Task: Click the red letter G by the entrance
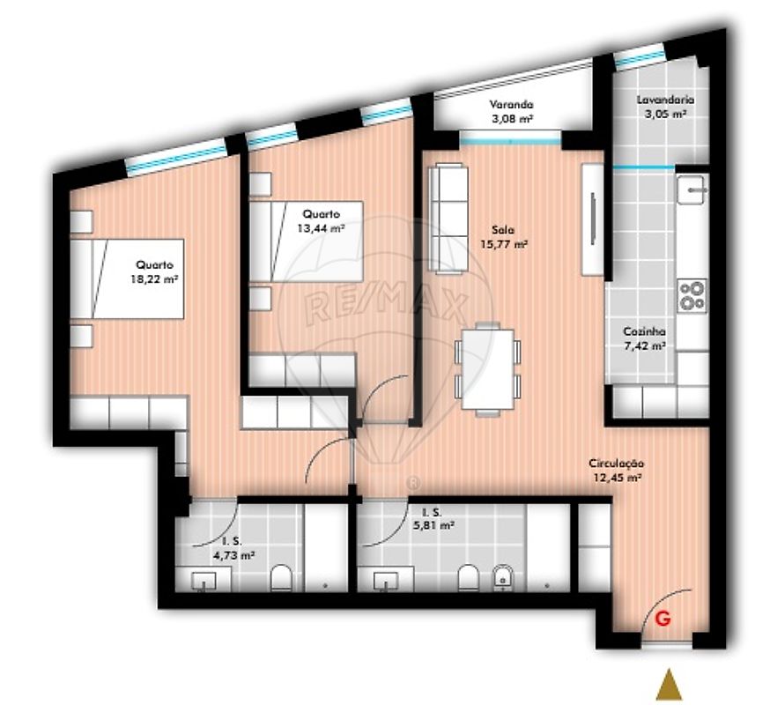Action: (663, 618)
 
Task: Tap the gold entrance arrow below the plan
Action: (669, 684)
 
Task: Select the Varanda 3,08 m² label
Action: (512, 111)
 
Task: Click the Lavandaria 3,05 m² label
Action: (665, 107)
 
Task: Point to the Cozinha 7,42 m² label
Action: (644, 338)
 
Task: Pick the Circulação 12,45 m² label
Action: (617, 471)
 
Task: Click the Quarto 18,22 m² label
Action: (154, 272)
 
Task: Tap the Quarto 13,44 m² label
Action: (321, 220)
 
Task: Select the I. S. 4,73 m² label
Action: (233, 549)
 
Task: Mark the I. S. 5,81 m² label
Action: (433, 519)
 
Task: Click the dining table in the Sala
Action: (488, 369)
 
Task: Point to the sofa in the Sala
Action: (448, 219)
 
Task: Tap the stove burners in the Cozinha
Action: (692, 295)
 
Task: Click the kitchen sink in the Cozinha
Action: (692, 189)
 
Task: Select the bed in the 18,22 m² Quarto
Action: (127, 279)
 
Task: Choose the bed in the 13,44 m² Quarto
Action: (307, 241)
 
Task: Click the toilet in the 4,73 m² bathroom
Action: (281, 577)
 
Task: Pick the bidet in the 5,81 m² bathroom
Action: (503, 577)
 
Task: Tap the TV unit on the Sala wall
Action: (593, 219)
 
